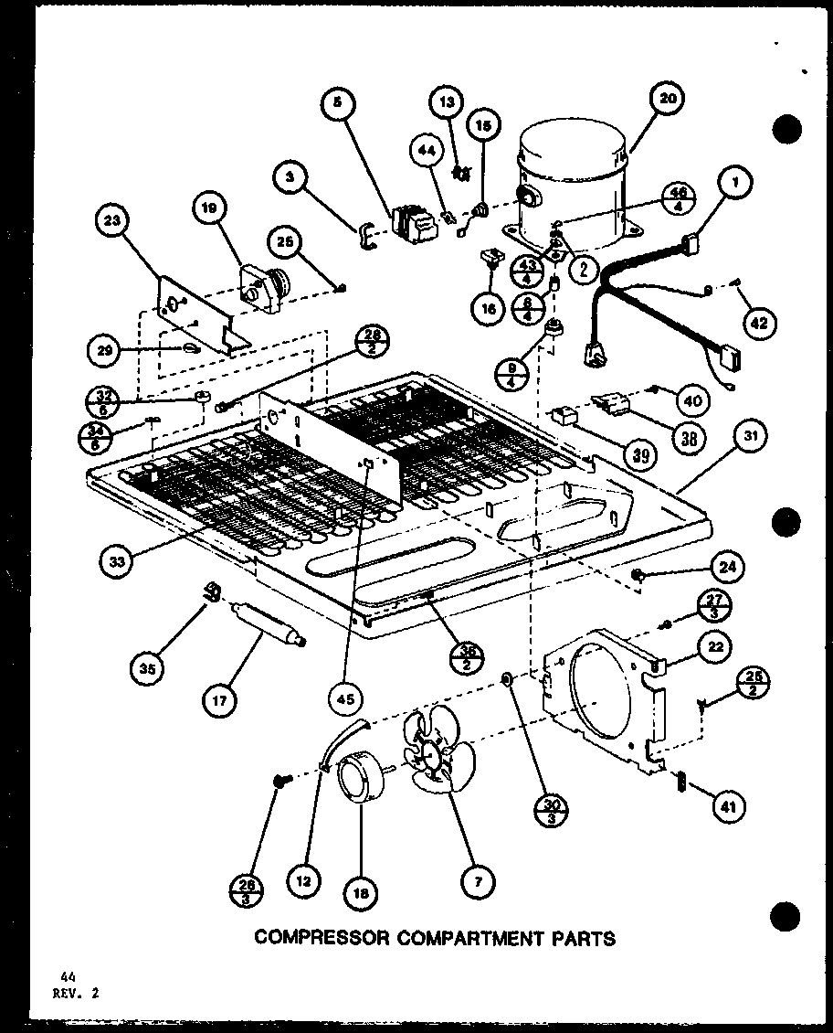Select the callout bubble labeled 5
pyautogui.click(x=337, y=105)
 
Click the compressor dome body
pyautogui.click(x=570, y=178)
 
